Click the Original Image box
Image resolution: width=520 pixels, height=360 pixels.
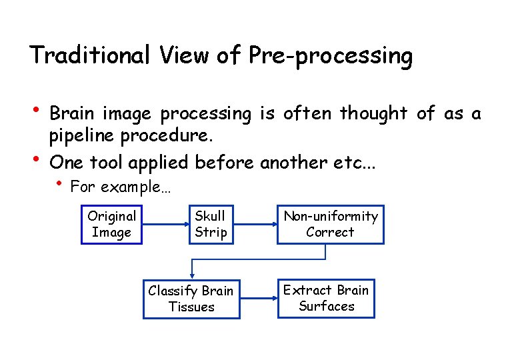click(111, 224)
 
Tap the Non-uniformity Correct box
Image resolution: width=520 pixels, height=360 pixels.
click(330, 224)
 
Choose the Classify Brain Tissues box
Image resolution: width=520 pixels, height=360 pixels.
click(191, 299)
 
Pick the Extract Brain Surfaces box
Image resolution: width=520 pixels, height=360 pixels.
click(326, 298)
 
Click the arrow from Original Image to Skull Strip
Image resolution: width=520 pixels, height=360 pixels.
click(164, 225)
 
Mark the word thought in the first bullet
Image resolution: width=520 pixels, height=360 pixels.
click(373, 114)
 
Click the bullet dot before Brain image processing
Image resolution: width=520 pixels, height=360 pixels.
click(37, 109)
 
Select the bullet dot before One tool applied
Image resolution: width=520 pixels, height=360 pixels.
click(37, 157)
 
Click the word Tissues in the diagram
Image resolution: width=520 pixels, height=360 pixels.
click(191, 307)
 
